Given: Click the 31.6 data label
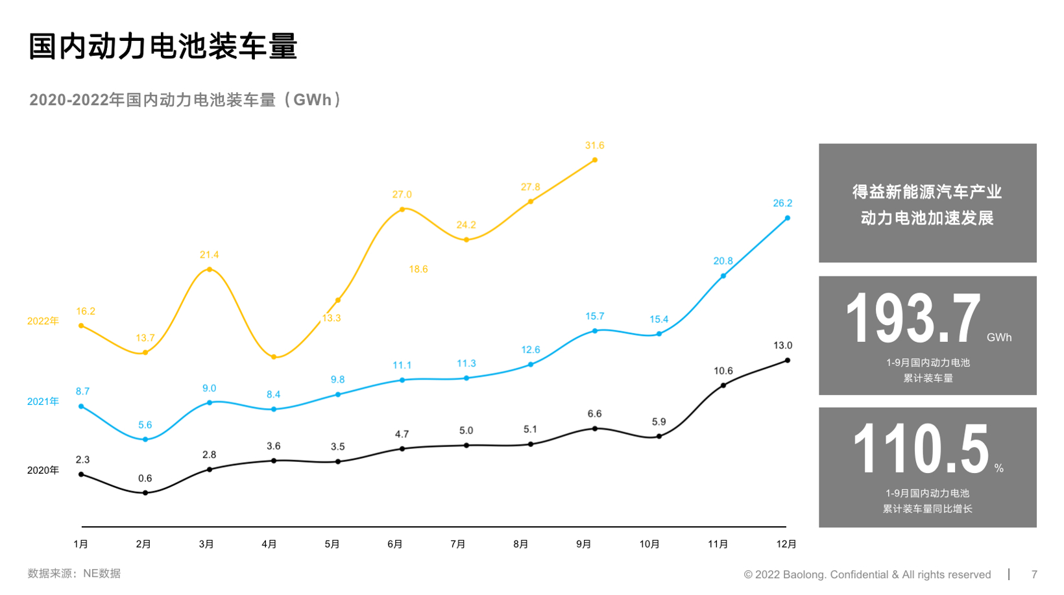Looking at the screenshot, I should coord(594,145).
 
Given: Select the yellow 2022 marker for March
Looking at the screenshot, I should coord(209,269).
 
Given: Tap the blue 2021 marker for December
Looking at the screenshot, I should coord(787,218).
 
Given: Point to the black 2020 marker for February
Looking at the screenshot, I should coord(145,492).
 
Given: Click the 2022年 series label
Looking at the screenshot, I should coord(43,321).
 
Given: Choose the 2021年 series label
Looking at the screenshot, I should coord(43,402).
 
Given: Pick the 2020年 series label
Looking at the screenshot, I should coord(43,470).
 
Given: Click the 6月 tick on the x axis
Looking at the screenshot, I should coord(395,544).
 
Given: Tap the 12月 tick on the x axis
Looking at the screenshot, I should coord(786,544).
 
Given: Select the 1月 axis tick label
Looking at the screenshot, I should coord(81,544).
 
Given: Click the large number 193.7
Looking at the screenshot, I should coord(913,319).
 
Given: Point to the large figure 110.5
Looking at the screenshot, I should coord(921,449).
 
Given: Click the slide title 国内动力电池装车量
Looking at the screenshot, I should coord(163,47).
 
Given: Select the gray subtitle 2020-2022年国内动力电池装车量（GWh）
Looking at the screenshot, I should coord(186,100).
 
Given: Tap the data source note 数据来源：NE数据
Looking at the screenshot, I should coord(74,574).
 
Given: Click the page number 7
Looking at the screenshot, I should coord(1034,574).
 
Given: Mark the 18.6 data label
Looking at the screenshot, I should coord(418,269).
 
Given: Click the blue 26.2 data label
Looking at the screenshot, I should coord(782,203).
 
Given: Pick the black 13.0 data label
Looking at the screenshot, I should coord(782,345).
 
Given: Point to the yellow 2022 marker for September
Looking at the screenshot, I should coord(594,160).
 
